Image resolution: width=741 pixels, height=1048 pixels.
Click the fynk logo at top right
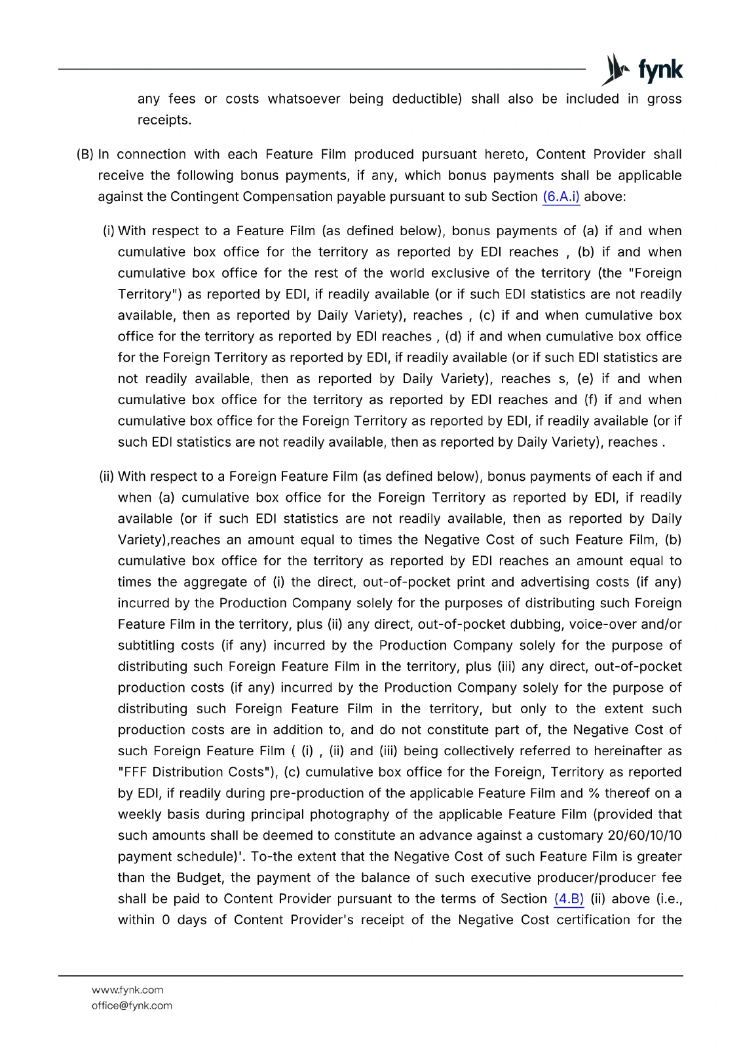[x=642, y=69]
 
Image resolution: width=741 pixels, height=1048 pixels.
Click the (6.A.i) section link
[x=561, y=196]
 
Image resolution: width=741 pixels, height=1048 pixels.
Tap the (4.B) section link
[x=569, y=899]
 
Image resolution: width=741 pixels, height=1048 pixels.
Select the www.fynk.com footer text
[x=127, y=990]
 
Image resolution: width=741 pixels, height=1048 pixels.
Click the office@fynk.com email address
[x=132, y=1005]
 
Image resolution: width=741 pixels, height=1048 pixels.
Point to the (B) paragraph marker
[x=85, y=155]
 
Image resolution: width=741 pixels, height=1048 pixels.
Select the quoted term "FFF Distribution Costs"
[x=198, y=772]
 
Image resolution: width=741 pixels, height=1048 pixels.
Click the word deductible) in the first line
[x=427, y=99]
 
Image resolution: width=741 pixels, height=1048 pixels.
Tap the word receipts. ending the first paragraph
[x=164, y=120]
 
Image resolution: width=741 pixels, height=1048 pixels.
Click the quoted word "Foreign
[x=655, y=273]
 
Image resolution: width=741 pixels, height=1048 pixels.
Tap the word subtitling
[x=145, y=645]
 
